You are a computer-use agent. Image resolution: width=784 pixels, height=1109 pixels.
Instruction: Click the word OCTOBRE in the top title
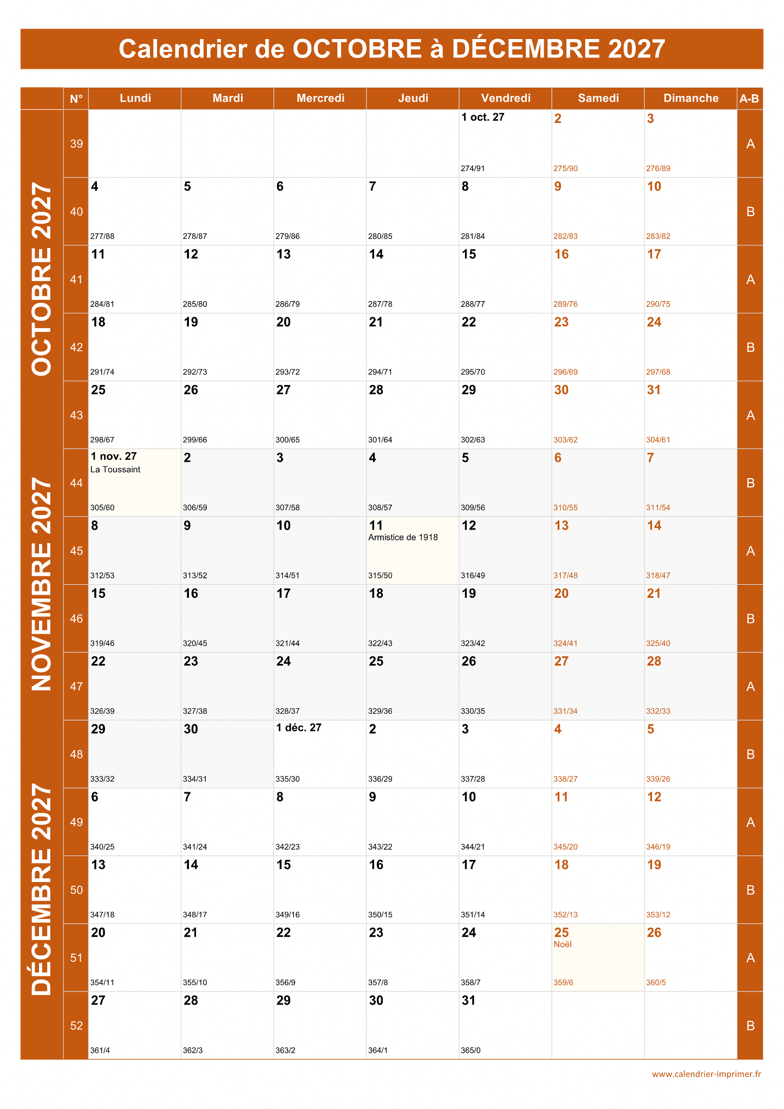pyautogui.click(x=357, y=49)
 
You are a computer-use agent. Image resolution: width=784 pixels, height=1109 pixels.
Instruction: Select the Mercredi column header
pyautogui.click(x=320, y=98)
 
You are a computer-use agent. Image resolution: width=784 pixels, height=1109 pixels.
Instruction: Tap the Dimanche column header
pyautogui.click(x=691, y=98)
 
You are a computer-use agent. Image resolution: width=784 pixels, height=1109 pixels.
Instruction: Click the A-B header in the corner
pyautogui.click(x=749, y=99)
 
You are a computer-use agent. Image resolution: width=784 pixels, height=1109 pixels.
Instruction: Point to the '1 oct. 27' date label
pyautogui.click(x=482, y=118)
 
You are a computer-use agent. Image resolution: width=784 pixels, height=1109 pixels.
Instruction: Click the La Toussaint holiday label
pyautogui.click(x=115, y=469)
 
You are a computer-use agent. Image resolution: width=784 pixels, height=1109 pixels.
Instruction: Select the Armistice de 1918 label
pyautogui.click(x=403, y=537)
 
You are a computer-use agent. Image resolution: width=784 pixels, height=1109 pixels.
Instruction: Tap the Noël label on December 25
pyautogui.click(x=563, y=944)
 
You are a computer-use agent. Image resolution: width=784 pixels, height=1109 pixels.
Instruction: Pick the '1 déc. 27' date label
pyautogui.click(x=299, y=728)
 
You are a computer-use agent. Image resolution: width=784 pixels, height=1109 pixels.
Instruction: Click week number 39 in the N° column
pyautogui.click(x=76, y=143)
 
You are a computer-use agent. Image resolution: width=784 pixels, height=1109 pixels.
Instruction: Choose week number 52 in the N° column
pyautogui.click(x=76, y=1026)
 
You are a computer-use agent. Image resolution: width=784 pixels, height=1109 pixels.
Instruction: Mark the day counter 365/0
pyautogui.click(x=471, y=1051)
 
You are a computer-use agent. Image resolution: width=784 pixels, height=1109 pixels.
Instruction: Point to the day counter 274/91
pyautogui.click(x=473, y=168)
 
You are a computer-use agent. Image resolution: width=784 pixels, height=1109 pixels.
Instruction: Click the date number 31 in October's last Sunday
pyautogui.click(x=654, y=390)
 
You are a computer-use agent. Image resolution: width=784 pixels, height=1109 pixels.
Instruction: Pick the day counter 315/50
pyautogui.click(x=380, y=576)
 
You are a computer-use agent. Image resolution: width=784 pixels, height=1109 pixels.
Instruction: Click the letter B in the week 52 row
pyautogui.click(x=750, y=1026)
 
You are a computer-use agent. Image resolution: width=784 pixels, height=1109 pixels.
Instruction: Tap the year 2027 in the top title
pyautogui.click(x=636, y=49)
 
